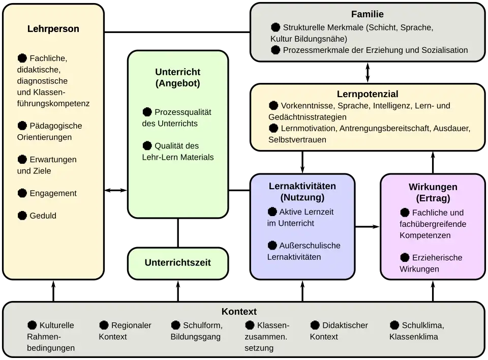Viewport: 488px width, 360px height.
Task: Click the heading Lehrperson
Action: [53, 29]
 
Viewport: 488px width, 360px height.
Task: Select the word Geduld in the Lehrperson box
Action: [43, 216]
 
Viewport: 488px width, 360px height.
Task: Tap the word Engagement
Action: [53, 193]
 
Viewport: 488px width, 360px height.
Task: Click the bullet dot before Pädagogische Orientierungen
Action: [22, 126]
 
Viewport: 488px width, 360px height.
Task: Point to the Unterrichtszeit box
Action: [177, 263]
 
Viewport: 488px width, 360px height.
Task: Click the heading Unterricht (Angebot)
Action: [177, 77]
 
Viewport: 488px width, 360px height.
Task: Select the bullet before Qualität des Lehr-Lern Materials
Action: [147, 145]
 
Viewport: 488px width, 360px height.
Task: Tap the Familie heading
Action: [367, 14]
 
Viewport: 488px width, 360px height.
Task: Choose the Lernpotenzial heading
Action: [367, 94]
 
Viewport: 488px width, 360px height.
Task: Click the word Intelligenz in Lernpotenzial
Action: [398, 106]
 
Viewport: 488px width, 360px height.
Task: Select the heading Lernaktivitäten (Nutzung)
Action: [302, 192]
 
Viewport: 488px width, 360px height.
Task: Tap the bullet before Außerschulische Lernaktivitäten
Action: [272, 245]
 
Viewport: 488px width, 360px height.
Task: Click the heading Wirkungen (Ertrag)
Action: [433, 193]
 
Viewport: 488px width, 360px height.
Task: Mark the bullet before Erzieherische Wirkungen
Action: [405, 257]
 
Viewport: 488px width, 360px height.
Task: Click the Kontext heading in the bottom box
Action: [239, 312]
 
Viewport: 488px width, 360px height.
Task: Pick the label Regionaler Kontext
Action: [125, 331]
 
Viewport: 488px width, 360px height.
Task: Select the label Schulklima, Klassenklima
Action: [417, 331]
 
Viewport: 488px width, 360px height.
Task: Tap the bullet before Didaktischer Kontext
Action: [315, 325]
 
